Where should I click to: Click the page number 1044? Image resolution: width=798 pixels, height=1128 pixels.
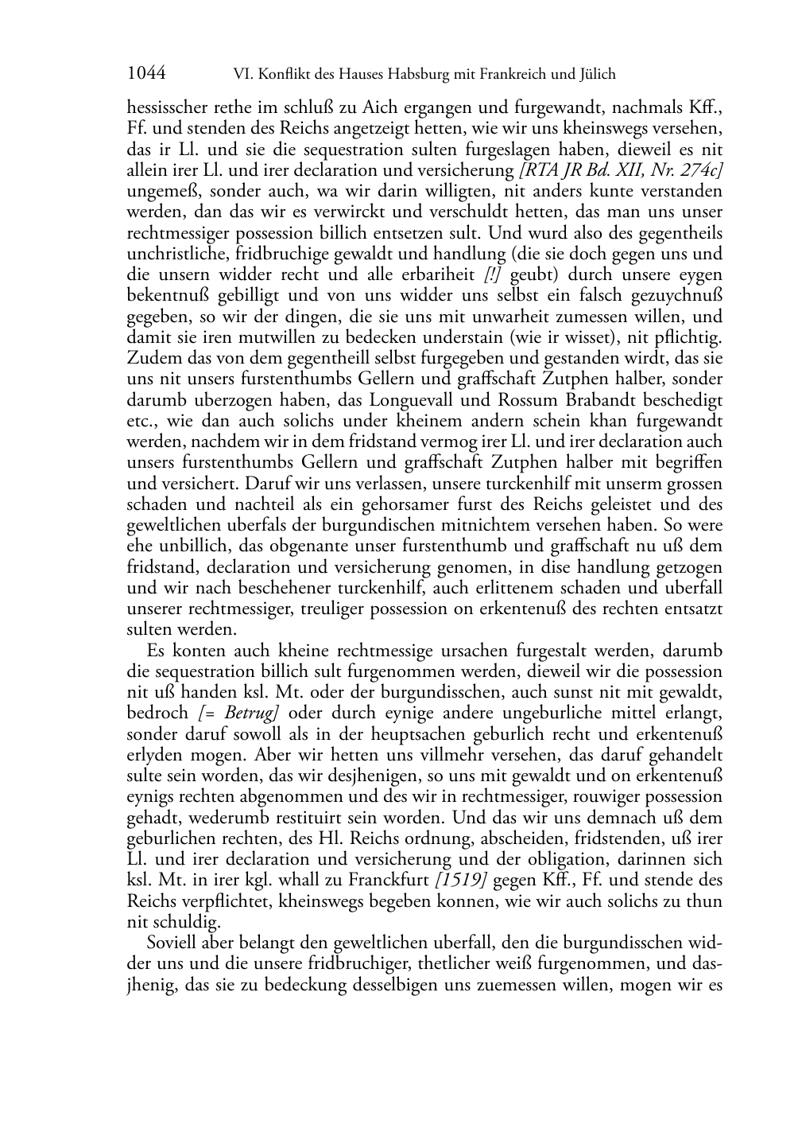[146, 74]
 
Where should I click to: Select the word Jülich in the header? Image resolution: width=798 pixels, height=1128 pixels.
[596, 75]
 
